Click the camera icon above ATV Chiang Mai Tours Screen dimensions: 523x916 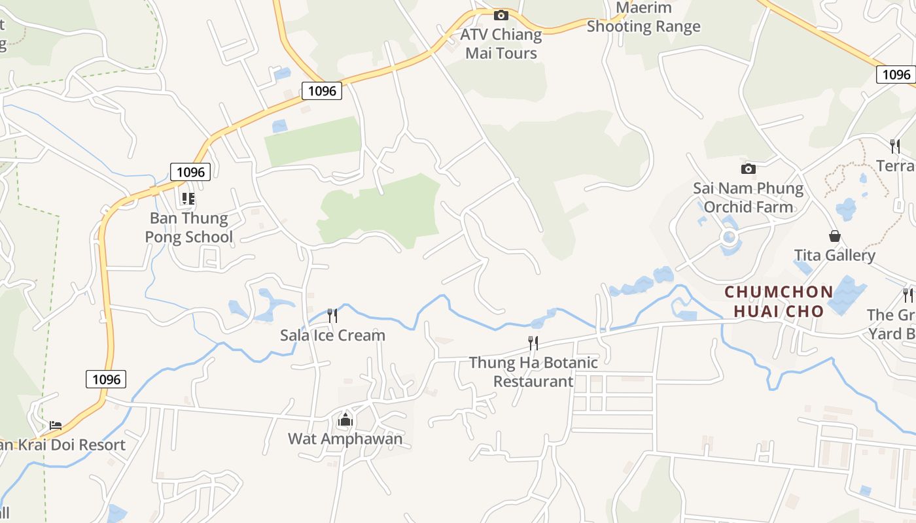click(x=501, y=15)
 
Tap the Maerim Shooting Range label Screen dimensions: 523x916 click(x=644, y=18)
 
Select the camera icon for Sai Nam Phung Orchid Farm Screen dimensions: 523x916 click(x=749, y=169)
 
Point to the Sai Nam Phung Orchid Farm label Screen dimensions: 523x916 click(x=749, y=197)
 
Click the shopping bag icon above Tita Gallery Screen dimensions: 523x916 click(x=834, y=235)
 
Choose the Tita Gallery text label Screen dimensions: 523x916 click(x=834, y=255)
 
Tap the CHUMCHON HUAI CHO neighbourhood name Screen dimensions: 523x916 click(x=779, y=301)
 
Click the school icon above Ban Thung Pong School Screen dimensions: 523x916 click(x=188, y=198)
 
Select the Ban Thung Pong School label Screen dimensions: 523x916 click(x=189, y=227)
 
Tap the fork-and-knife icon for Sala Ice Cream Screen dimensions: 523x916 click(x=332, y=316)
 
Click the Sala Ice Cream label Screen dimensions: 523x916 click(x=332, y=335)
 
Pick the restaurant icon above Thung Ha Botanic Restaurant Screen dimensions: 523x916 click(x=533, y=343)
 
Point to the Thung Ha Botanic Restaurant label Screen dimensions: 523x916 click(x=533, y=371)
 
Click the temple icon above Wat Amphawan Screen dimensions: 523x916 click(x=345, y=420)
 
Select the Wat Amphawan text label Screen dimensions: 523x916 click(x=345, y=439)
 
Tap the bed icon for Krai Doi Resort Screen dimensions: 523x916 click(x=56, y=426)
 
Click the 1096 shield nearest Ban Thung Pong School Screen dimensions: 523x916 click(x=190, y=172)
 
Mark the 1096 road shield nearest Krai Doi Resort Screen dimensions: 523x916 click(x=106, y=379)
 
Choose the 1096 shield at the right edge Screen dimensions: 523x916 click(x=896, y=75)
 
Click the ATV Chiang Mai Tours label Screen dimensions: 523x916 click(x=501, y=44)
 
